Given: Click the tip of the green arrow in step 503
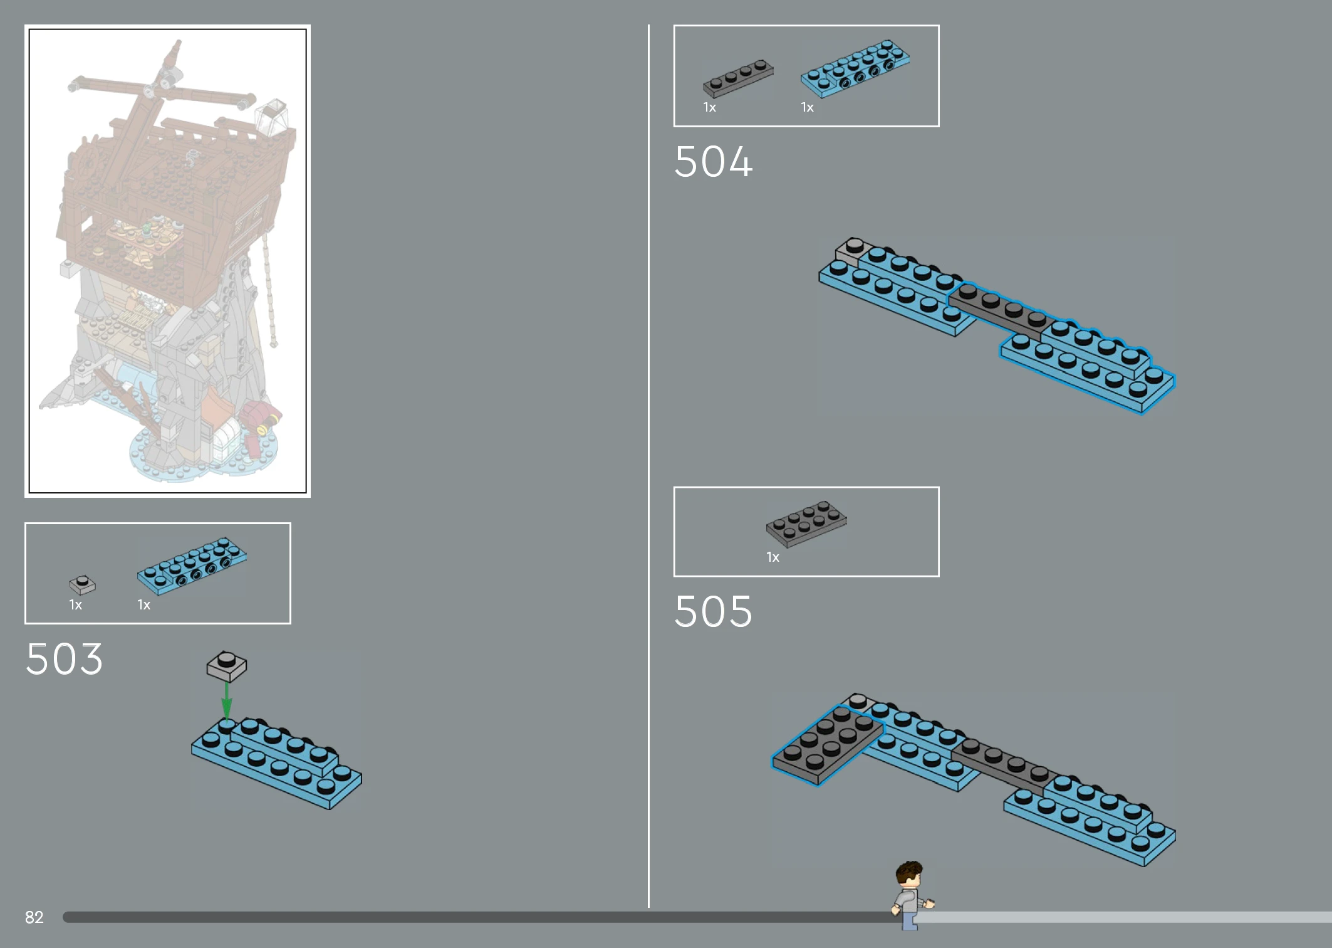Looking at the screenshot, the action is [227, 719].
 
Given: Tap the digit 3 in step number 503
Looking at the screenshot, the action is [90, 659].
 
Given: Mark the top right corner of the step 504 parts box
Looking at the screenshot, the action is [939, 26].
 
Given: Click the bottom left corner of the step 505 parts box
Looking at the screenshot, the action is [674, 576].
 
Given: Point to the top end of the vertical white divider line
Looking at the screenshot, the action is [648, 25].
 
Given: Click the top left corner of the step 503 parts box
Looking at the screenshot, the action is [26, 524].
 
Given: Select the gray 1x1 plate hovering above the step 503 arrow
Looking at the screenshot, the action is [227, 666].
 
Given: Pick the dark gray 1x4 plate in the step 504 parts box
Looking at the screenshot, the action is [738, 78].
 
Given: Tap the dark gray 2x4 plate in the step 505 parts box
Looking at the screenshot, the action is [806, 524].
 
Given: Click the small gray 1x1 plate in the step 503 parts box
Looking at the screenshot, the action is [82, 585].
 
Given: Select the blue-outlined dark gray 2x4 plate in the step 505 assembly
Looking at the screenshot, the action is [828, 744].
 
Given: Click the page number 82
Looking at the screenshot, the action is [34, 917].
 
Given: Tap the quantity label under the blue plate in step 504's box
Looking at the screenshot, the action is [807, 108].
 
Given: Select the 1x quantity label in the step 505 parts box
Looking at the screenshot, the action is [773, 557].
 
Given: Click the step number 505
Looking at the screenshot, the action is [713, 611].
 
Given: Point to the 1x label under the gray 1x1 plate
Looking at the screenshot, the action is [75, 605].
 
